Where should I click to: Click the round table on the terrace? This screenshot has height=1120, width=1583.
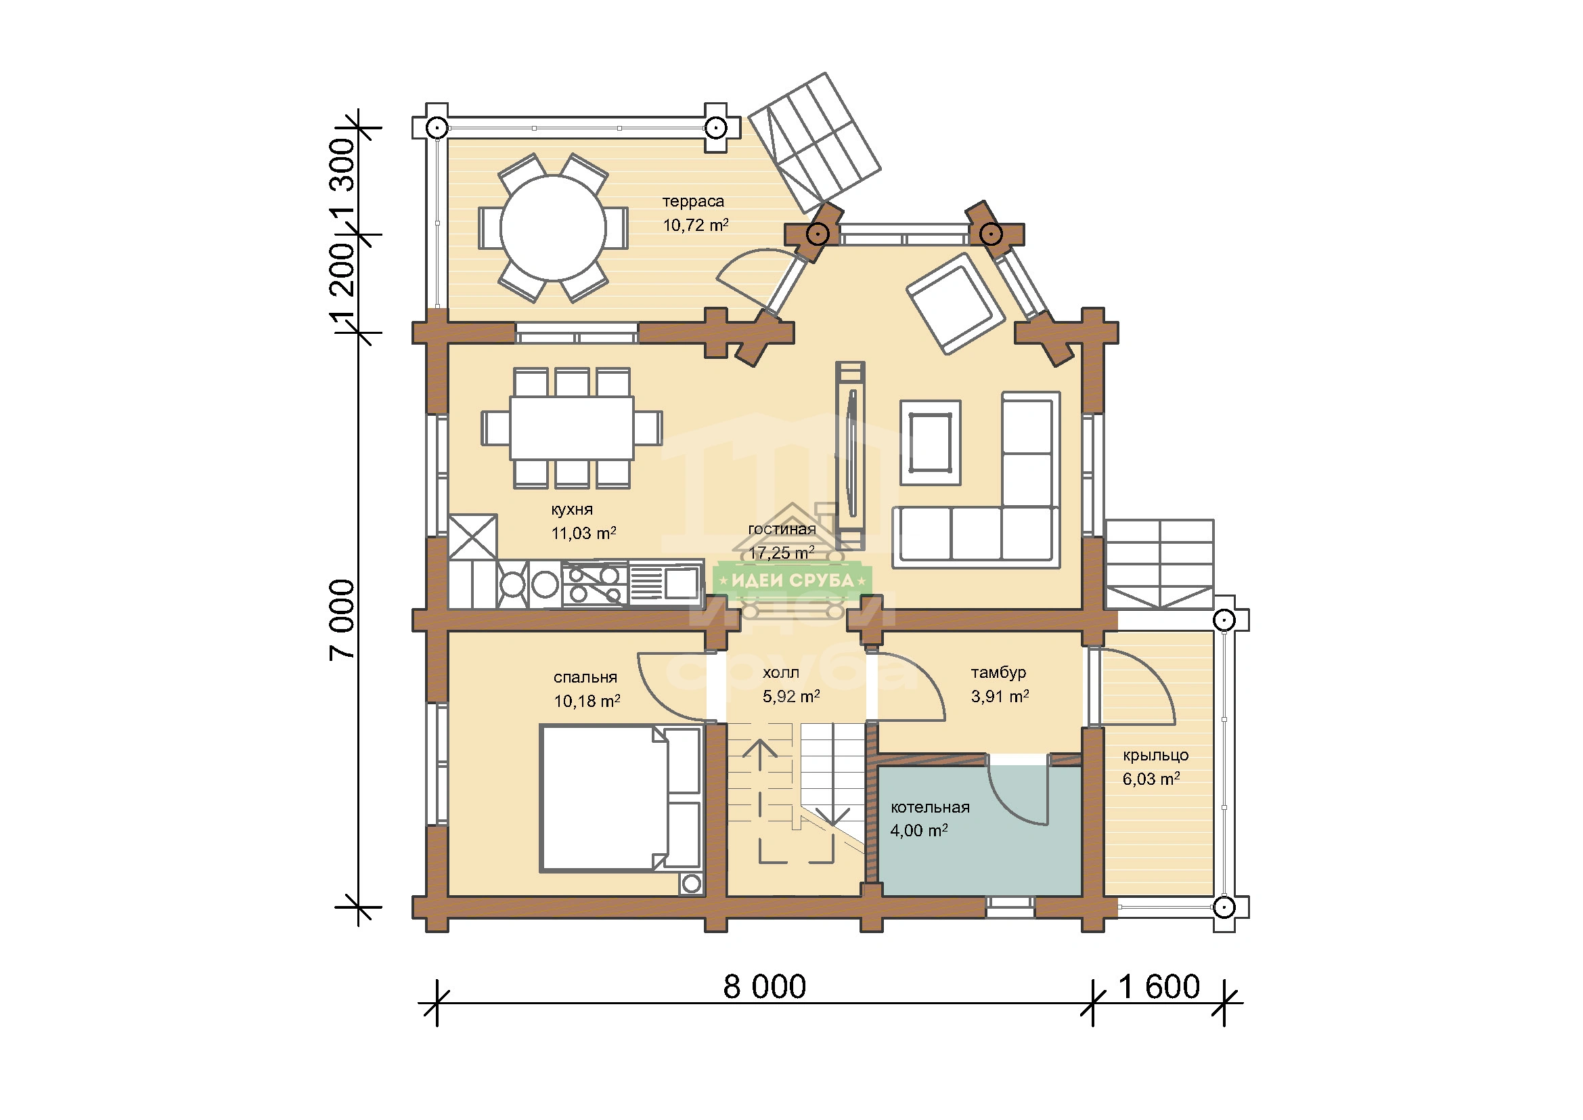pos(553,228)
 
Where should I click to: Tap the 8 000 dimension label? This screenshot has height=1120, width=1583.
pos(765,987)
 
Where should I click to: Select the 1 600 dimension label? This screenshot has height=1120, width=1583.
pos(1159,987)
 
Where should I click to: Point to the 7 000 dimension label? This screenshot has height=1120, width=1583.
pos(342,620)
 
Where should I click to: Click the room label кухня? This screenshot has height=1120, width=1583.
pos(572,510)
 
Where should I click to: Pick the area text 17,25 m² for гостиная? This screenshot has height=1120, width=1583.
pos(782,553)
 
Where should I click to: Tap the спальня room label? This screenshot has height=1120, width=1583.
pos(585,677)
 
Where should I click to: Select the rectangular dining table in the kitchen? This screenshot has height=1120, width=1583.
pos(572,427)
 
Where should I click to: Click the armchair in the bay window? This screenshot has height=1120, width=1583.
pos(956,303)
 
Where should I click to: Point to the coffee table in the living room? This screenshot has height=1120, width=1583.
pos(930,443)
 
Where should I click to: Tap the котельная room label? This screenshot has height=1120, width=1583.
pos(930,807)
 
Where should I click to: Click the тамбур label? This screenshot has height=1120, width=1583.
pos(998,672)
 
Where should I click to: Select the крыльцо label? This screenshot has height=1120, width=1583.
pos(1155,755)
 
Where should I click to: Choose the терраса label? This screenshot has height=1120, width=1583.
pos(693,201)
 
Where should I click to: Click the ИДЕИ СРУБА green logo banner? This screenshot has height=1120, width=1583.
pos(793,581)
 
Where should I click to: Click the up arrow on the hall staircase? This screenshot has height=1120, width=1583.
pos(760,800)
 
